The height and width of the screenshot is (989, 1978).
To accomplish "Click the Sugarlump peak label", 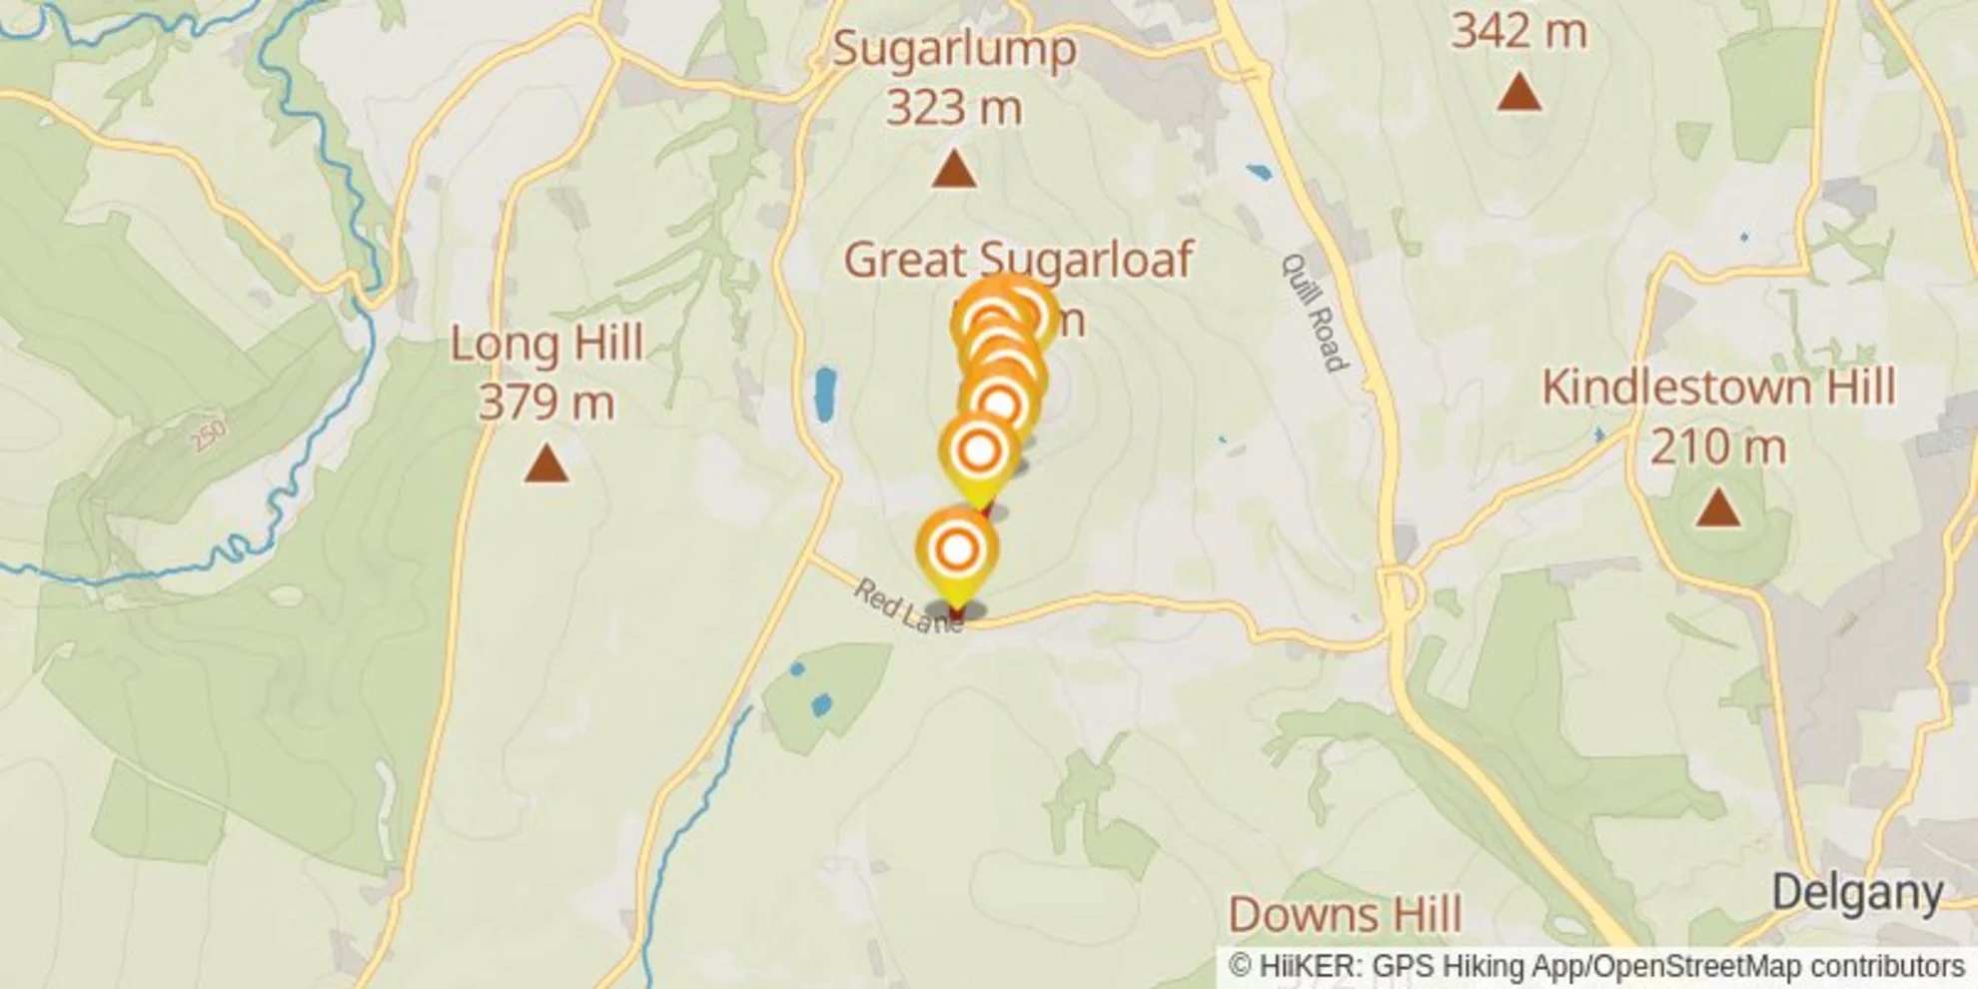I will [x=954, y=48].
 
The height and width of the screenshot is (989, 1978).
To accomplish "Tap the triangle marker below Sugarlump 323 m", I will [x=953, y=170].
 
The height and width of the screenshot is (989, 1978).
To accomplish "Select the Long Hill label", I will [x=546, y=344].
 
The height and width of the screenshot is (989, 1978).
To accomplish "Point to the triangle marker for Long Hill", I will [x=546, y=465].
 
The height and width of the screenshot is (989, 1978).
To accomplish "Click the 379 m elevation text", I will [x=546, y=403].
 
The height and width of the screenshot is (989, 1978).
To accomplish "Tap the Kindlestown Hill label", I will [x=1718, y=388].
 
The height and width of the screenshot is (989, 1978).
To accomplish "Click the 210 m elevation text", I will [x=1717, y=447].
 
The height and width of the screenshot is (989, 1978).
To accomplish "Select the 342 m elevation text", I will [x=1518, y=31].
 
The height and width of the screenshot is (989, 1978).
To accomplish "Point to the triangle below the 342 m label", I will [x=1519, y=92].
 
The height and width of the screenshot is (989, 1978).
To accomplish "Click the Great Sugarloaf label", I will [x=1018, y=260].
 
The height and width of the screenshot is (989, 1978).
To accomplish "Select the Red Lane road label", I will [x=907, y=606].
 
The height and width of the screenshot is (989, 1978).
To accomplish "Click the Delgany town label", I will [x=1857, y=892].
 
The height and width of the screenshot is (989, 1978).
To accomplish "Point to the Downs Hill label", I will [x=1345, y=914].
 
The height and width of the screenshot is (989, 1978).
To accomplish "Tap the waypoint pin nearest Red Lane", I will [x=957, y=550].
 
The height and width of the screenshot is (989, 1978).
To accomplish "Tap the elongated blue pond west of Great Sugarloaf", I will [x=825, y=395].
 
